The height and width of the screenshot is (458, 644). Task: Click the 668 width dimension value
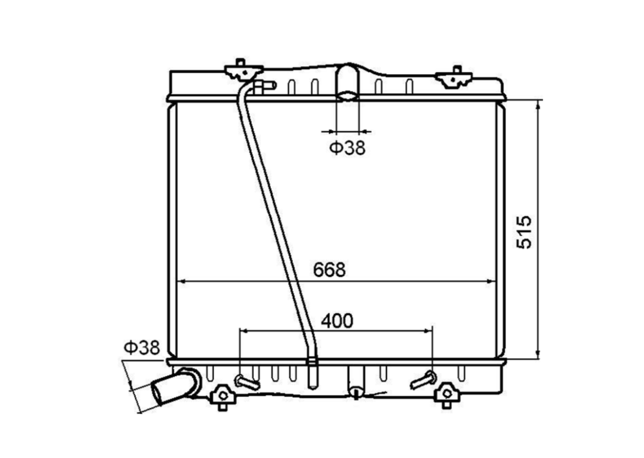point(330,269)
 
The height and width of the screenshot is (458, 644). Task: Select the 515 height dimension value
point(524,232)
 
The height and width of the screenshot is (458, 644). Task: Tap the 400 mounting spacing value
point(337,321)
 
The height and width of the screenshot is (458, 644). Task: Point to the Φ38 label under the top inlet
point(347,148)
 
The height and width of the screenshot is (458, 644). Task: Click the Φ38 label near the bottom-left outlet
point(142,348)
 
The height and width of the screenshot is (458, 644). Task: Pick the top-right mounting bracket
point(454,77)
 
